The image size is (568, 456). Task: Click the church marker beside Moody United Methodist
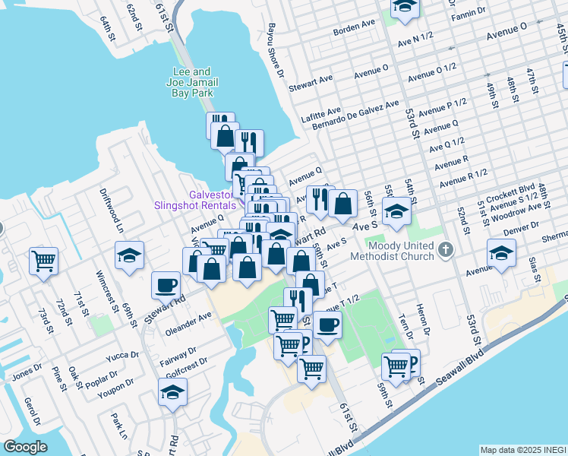[x=446, y=249]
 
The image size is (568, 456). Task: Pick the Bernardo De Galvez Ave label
[x=361, y=113]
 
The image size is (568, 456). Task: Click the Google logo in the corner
[x=26, y=446]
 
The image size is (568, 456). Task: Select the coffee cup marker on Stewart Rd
[x=166, y=285]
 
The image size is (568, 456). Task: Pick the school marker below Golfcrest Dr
[x=172, y=391]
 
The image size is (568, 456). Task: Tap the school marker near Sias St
[x=501, y=252]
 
